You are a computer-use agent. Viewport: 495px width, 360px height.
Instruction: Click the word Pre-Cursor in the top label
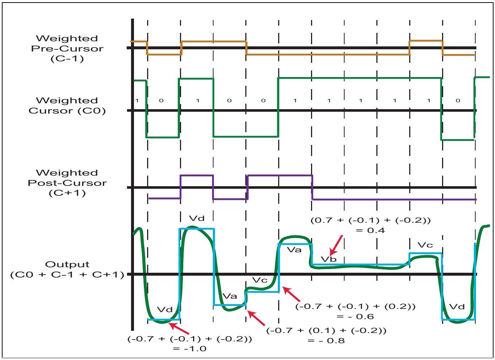tap(67, 49)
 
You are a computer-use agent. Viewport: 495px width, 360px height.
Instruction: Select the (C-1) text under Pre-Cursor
tap(67, 59)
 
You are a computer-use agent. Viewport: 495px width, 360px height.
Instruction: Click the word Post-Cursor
tap(67, 183)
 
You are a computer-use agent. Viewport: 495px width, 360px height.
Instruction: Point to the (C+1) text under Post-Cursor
tap(67, 193)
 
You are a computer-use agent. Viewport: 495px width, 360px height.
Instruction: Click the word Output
tap(67, 265)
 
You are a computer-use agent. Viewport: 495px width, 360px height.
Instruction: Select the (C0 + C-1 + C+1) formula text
tap(67, 275)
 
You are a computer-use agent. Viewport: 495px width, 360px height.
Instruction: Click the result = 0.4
tap(371, 230)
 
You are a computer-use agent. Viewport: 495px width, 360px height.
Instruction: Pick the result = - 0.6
tap(355, 317)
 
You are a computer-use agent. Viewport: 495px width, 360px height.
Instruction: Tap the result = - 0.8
tap(326, 341)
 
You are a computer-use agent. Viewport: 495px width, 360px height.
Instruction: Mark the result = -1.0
tap(189, 349)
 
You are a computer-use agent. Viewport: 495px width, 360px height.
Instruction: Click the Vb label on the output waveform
tap(329, 259)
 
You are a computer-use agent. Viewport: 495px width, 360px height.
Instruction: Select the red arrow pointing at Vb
tap(336, 245)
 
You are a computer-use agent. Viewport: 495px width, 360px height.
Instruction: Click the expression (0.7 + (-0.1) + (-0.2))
tap(371, 220)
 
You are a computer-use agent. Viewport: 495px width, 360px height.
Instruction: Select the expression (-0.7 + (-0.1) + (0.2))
tap(355, 306)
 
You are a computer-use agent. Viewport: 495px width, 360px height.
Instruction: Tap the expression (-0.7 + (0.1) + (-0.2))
tap(326, 330)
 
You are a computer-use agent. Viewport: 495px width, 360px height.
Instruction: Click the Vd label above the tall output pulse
tap(197, 219)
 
